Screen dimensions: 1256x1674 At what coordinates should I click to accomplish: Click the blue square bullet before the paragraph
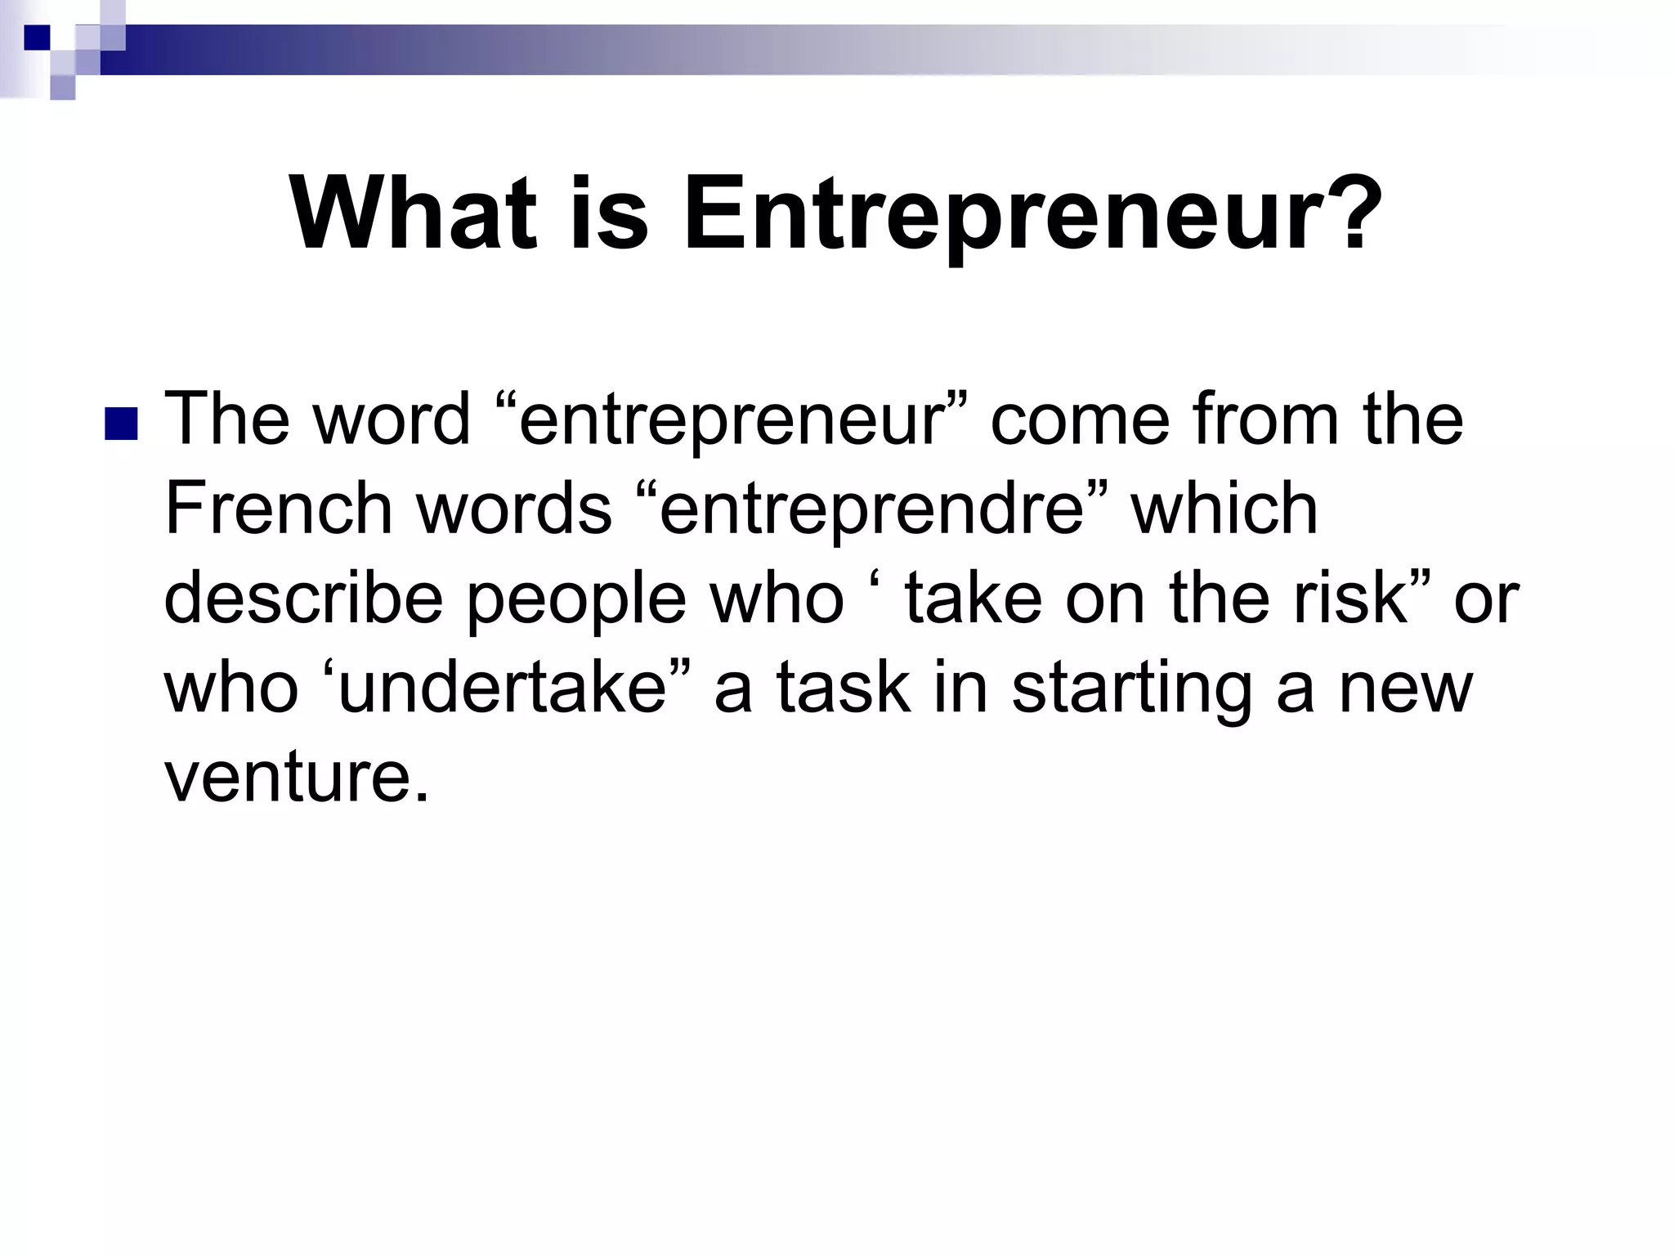pos(121,424)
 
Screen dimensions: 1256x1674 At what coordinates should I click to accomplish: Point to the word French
pos(278,509)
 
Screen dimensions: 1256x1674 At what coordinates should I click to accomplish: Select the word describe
pos(303,598)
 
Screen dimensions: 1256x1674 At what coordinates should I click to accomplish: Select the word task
pos(842,687)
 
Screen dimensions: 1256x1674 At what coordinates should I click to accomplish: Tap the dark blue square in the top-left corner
pos(37,37)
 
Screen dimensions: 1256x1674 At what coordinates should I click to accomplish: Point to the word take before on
pos(973,598)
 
